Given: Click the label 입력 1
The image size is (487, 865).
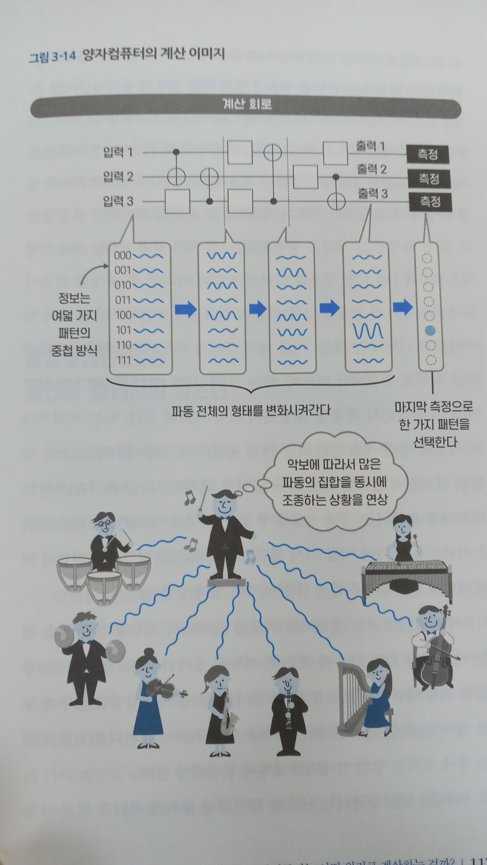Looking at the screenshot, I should point(118,152).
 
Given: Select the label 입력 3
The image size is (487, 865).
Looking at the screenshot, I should point(118,201).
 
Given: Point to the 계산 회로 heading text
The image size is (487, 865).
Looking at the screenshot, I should point(247,104).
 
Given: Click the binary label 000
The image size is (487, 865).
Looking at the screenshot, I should point(122,255).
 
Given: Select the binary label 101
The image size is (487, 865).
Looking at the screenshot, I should point(123,330).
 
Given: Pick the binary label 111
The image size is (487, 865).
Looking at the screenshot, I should point(124,360).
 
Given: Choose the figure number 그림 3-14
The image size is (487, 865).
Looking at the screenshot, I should point(51,57).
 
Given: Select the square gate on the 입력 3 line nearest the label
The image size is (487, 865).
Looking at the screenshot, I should point(178,201).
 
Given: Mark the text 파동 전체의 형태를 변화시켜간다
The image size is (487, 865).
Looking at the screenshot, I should point(251,411).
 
